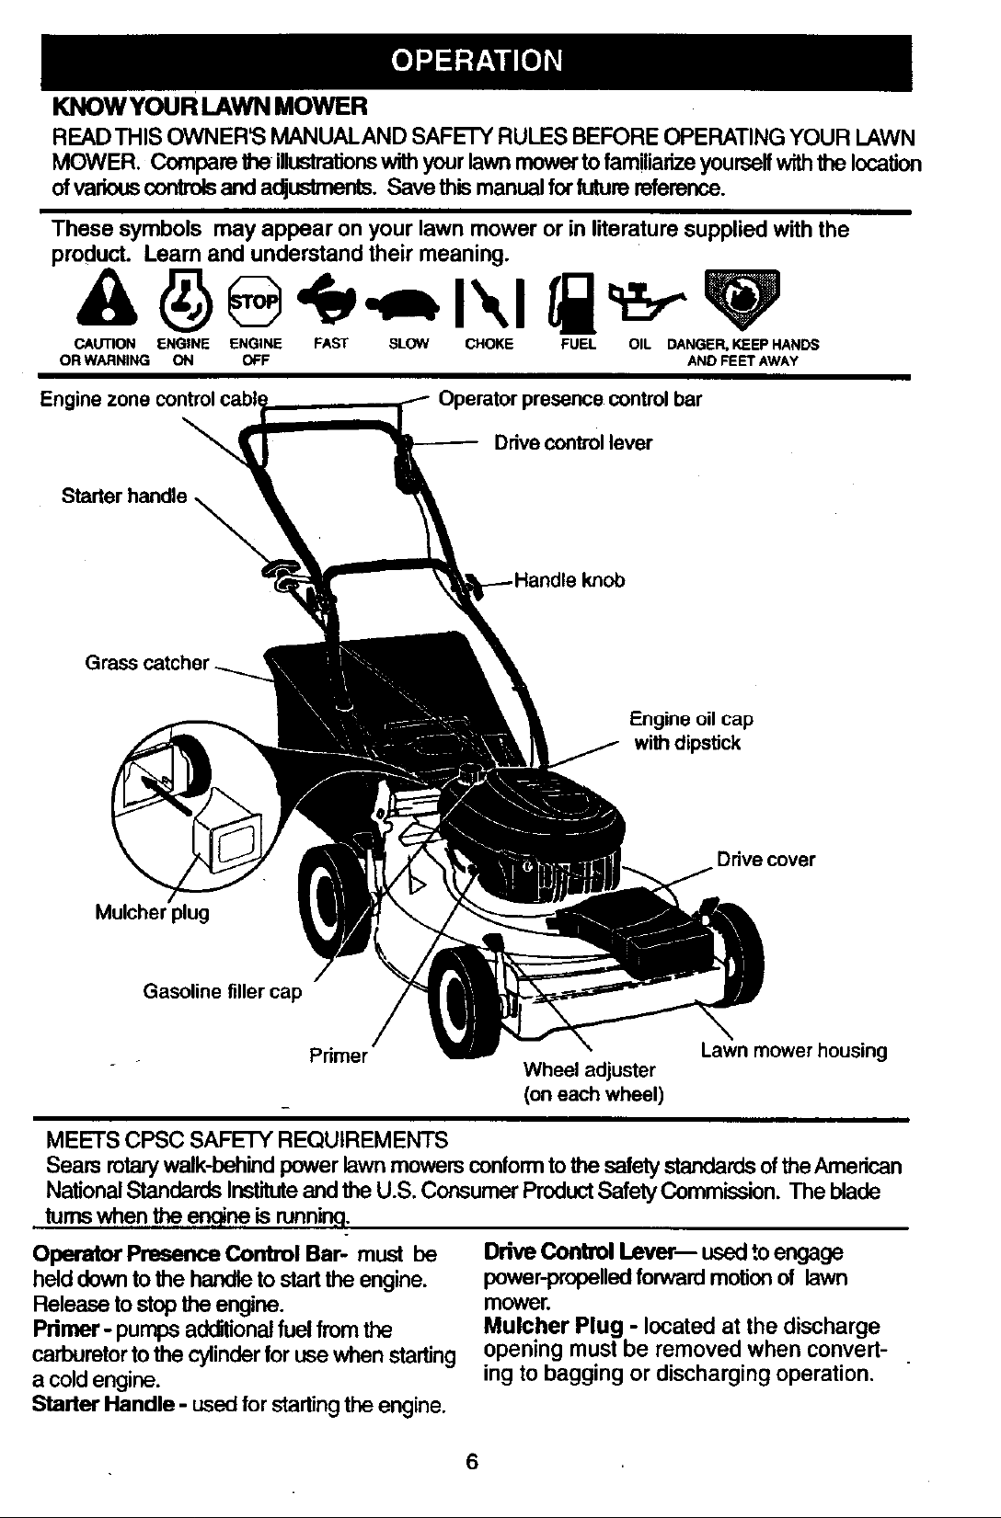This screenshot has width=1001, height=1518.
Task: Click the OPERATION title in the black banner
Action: pos(477,61)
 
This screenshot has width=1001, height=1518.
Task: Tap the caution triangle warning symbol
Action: pos(107,299)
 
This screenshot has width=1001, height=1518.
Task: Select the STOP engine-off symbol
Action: pos(254,302)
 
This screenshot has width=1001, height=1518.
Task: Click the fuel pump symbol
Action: pos(570,301)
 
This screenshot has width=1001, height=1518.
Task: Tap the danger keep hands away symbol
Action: pos(742,298)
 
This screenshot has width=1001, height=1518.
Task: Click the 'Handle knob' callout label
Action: pos(570,581)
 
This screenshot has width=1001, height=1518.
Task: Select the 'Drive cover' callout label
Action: pos(765,860)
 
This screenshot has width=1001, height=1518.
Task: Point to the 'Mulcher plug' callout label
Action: pos(152,913)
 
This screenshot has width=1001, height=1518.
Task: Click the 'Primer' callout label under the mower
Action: pos(338,1056)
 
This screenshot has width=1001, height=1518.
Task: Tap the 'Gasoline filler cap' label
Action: pos(222,991)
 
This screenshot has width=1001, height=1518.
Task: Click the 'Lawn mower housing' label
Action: pos(793,1051)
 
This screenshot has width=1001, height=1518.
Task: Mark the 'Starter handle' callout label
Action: pos(124,496)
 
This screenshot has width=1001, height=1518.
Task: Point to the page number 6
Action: pos(472,1462)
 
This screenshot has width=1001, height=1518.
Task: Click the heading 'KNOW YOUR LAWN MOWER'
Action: pos(210,106)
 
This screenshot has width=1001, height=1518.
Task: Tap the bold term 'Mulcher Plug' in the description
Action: pos(553,1326)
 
